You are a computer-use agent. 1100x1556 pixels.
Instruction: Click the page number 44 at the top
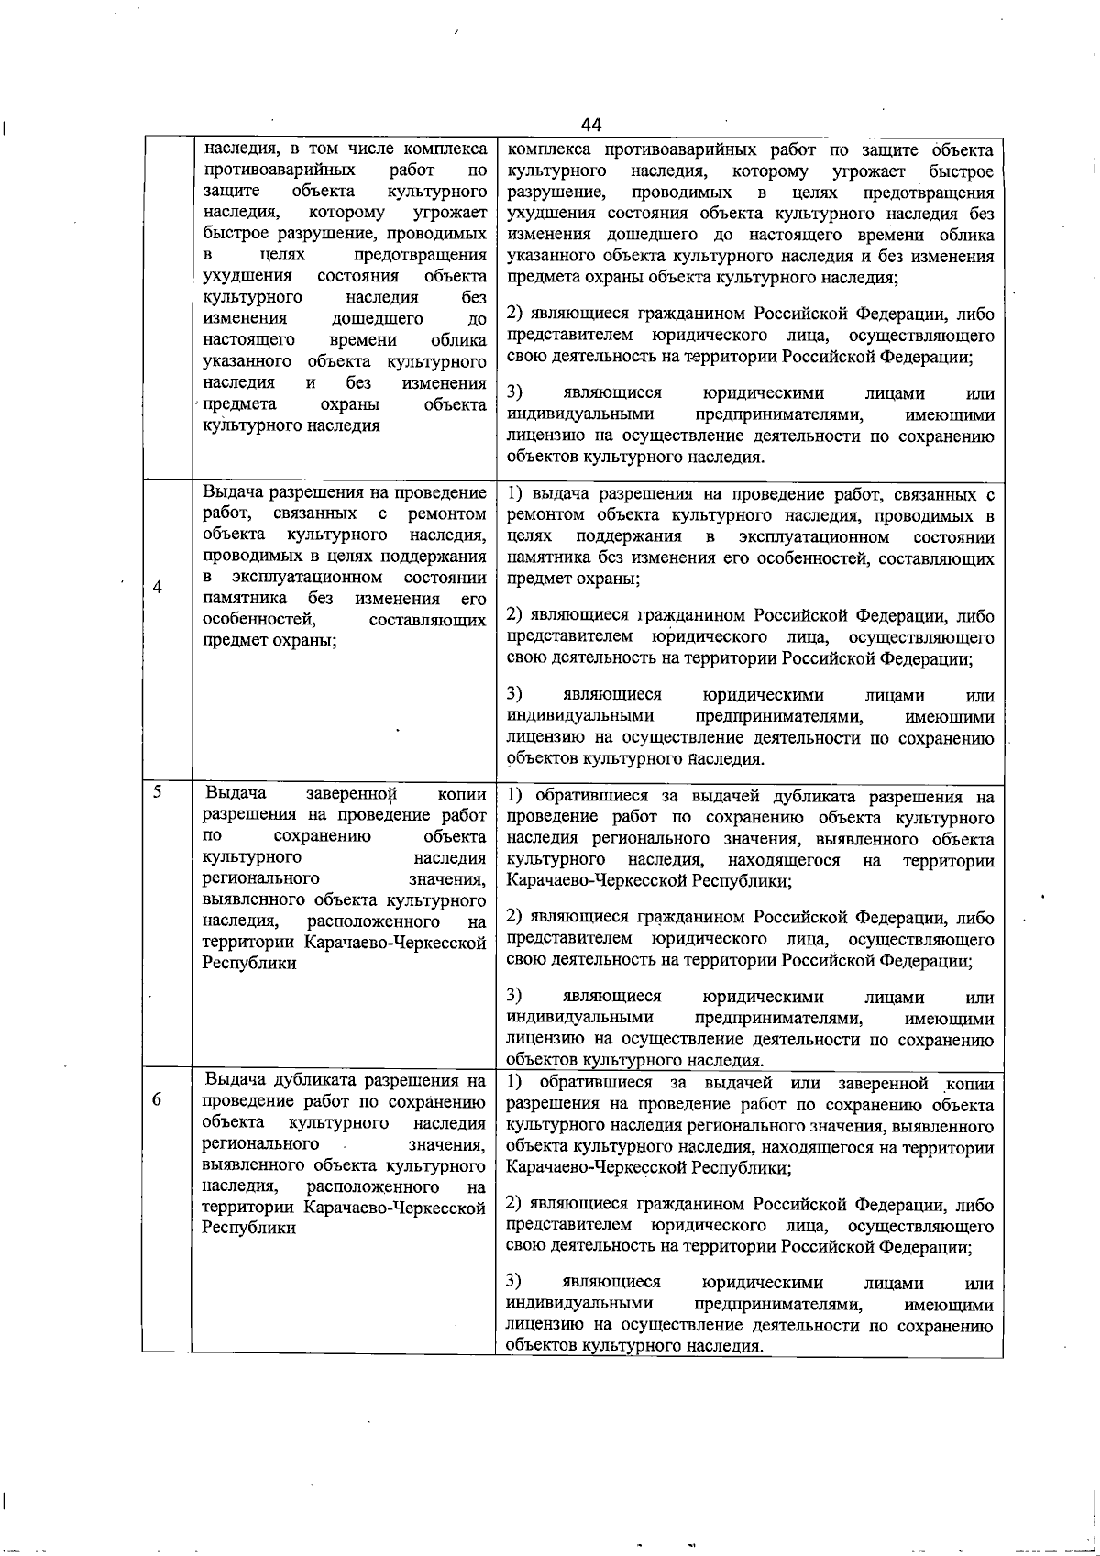point(590,125)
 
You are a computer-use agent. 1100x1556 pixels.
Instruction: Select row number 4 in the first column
point(158,588)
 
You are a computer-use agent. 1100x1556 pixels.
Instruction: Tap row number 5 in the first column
point(158,790)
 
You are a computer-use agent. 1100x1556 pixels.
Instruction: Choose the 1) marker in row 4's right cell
point(514,495)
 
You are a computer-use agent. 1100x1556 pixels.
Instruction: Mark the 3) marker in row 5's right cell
point(514,996)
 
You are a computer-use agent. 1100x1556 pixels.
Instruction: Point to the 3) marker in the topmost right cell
point(514,393)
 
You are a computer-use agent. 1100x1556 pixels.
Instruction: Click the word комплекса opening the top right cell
point(546,150)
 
